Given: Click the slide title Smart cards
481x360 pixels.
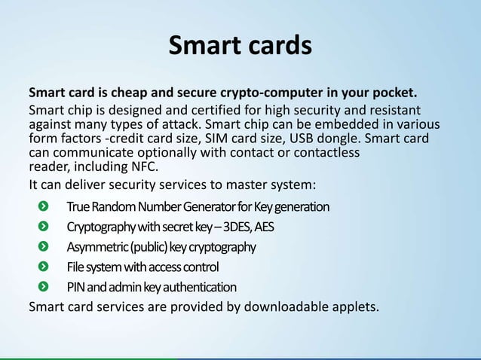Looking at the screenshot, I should pyautogui.click(x=240, y=45).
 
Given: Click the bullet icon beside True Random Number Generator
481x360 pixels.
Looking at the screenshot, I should pyautogui.click(x=47, y=206).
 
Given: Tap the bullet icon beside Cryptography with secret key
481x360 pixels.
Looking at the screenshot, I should pyautogui.click(x=47, y=227).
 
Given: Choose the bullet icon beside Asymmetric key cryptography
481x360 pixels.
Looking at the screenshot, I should pyautogui.click(x=47, y=247).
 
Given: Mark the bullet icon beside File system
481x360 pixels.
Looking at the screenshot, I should pyautogui.click(x=47, y=267).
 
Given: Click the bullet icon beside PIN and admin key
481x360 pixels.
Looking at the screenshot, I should pyautogui.click(x=47, y=287).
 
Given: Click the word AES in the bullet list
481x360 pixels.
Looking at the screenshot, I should pyautogui.click(x=269, y=227).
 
